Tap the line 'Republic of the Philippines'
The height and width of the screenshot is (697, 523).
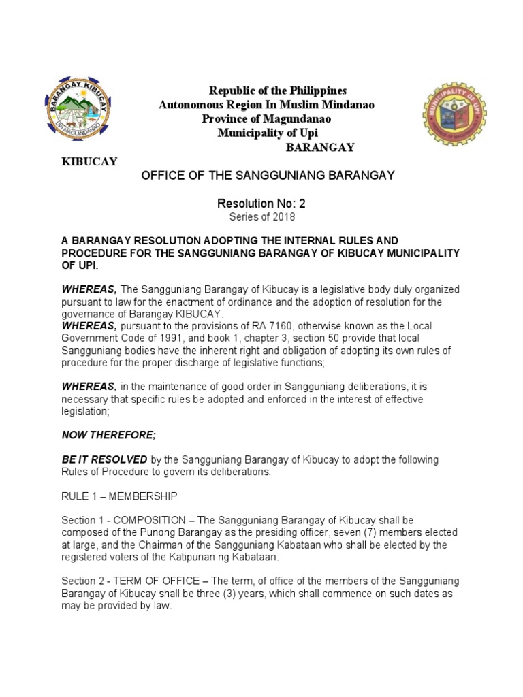pyautogui.click(x=268, y=91)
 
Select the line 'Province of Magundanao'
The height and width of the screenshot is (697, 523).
pyautogui.click(x=267, y=119)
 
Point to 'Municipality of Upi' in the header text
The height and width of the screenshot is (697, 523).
pyautogui.click(x=267, y=133)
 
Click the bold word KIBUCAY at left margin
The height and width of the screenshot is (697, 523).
pyautogui.click(x=90, y=161)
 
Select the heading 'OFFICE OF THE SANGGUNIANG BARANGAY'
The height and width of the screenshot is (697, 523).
pyautogui.click(x=268, y=176)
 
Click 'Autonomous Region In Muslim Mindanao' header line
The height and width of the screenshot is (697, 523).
pyautogui.click(x=267, y=106)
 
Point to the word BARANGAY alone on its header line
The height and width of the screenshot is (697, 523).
pyautogui.click(x=319, y=148)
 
